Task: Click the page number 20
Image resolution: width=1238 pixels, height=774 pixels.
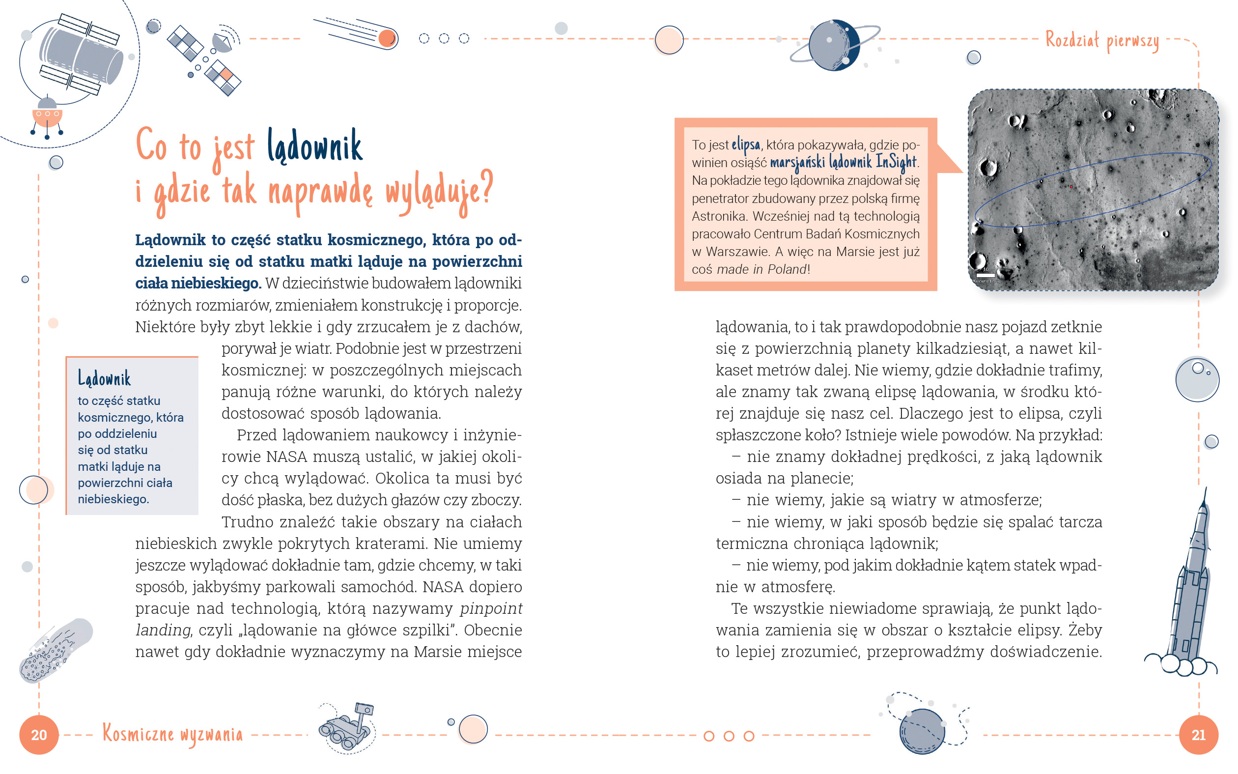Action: pos(39,735)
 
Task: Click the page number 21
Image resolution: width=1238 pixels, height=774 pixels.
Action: pos(1198,735)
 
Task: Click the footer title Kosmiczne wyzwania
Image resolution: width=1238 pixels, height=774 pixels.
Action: pos(172,734)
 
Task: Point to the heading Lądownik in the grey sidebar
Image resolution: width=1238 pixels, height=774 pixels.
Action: pos(104,379)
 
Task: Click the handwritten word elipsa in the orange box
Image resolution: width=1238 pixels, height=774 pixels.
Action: pos(745,145)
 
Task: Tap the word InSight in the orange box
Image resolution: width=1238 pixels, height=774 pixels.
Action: pos(896,162)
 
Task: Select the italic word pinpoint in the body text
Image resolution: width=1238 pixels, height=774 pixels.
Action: pos(491,608)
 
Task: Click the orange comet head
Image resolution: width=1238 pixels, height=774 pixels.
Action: pos(387,38)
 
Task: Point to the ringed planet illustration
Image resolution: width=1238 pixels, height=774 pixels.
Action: pos(834,46)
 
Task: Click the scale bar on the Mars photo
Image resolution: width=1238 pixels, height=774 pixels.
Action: pos(985,275)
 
